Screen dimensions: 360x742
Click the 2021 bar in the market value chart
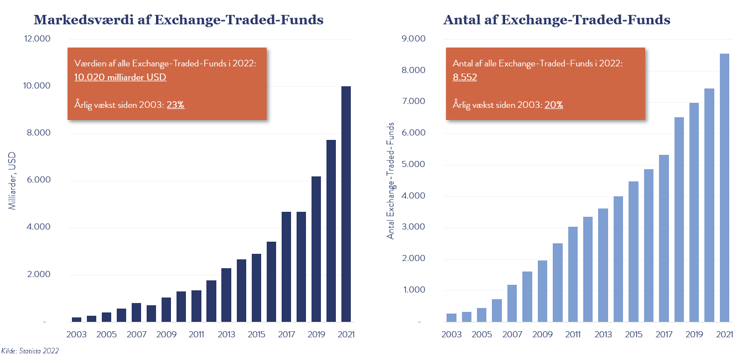(346, 204)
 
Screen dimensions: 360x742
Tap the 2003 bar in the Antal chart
(452, 317)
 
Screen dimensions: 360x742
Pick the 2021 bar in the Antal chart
(724, 187)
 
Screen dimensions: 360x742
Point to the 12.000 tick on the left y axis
(37, 39)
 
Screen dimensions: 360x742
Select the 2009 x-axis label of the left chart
(166, 335)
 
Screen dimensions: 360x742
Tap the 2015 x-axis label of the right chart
(634, 335)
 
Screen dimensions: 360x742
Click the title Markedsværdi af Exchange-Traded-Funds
(178, 20)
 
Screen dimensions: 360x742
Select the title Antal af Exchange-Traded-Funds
(557, 20)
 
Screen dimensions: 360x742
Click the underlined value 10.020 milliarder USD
(120, 77)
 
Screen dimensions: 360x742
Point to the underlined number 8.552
(465, 77)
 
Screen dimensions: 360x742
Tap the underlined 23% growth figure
(175, 104)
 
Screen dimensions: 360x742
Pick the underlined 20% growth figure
(553, 104)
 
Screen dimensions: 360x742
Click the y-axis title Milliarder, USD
(12, 181)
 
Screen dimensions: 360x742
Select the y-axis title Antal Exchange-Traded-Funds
(391, 181)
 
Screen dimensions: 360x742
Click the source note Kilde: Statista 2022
(30, 351)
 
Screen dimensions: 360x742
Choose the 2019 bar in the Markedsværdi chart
(316, 249)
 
